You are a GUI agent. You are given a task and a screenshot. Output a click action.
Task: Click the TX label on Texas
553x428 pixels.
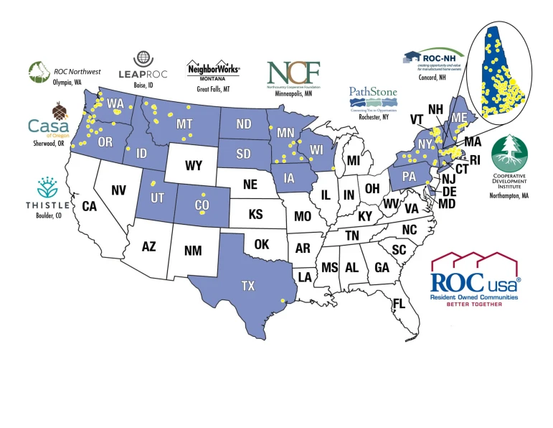(x=247, y=286)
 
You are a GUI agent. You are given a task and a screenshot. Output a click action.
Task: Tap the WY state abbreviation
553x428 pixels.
(x=193, y=166)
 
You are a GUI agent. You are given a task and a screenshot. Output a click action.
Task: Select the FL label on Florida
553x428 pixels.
(x=398, y=303)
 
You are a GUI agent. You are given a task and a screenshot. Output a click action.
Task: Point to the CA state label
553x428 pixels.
(x=89, y=206)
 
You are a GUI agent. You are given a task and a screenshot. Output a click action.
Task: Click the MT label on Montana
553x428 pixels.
(x=184, y=124)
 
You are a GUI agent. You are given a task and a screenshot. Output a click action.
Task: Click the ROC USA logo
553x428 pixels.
(x=475, y=280)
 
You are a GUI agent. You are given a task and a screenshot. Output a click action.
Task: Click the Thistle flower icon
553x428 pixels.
(x=48, y=188)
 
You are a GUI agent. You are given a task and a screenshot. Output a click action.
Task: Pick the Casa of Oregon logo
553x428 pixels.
(x=49, y=124)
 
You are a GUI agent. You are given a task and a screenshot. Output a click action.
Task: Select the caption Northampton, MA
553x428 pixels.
(x=510, y=195)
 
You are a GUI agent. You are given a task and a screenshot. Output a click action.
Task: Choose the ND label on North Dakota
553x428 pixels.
(x=244, y=124)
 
